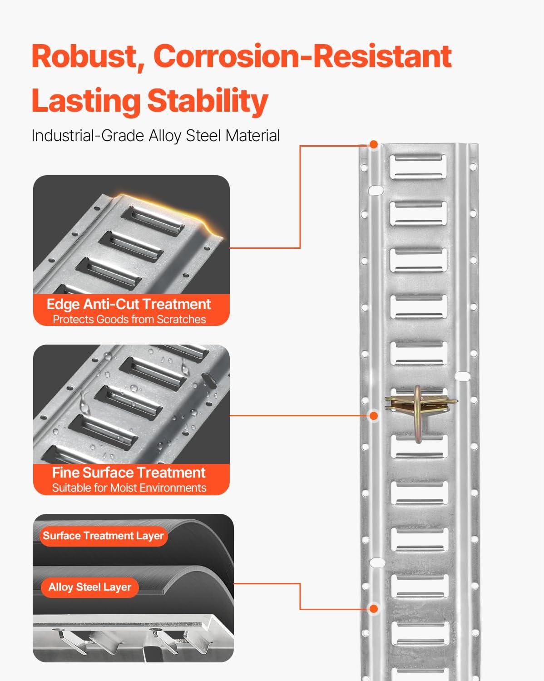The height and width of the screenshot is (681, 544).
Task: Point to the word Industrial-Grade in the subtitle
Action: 88,136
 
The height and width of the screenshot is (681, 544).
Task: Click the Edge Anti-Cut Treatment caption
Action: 129,305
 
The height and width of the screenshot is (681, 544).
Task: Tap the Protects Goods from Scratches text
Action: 129,320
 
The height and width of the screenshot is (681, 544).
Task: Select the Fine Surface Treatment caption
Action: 129,473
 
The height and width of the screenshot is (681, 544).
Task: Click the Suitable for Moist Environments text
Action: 129,488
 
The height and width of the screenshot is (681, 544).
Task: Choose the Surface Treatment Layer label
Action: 104,536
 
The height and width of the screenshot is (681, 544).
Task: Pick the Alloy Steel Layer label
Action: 90,587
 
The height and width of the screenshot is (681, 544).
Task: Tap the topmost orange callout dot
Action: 374,145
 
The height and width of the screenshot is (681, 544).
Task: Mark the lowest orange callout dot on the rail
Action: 374,608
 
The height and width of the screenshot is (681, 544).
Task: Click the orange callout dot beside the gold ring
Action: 374,415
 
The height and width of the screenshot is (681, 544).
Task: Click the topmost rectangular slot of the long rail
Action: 418,167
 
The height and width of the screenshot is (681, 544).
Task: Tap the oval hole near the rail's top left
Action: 376,191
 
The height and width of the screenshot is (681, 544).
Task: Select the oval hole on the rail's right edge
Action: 462,376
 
